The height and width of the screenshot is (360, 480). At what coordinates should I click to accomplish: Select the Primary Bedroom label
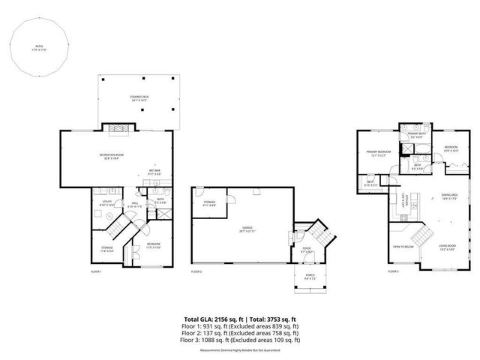click(x=376, y=154)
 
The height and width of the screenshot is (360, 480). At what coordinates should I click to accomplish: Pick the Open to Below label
click(x=403, y=246)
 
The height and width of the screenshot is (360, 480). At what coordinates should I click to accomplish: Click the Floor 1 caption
click(x=96, y=271)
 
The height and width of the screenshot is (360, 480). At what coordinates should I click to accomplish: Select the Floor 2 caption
click(x=196, y=271)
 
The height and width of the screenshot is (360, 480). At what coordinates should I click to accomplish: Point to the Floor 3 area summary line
click(x=239, y=340)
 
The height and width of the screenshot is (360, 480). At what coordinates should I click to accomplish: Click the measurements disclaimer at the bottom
click(x=239, y=349)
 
